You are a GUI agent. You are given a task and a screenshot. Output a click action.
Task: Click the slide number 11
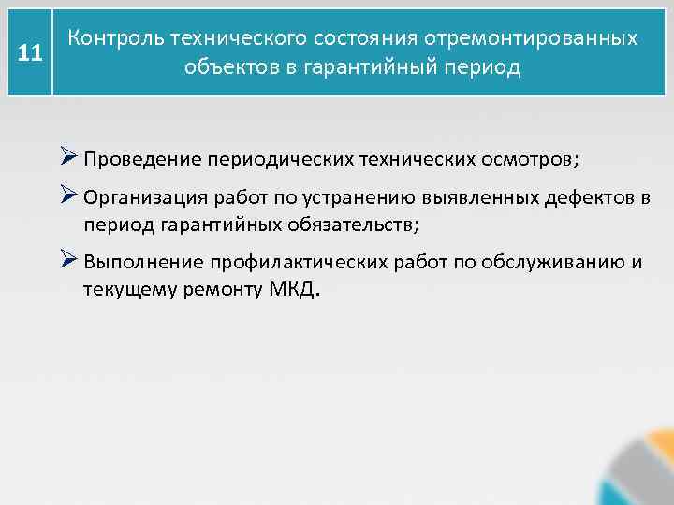pyautogui.click(x=30, y=52)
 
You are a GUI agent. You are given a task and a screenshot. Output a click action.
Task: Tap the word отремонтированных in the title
pyautogui.click(x=531, y=38)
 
